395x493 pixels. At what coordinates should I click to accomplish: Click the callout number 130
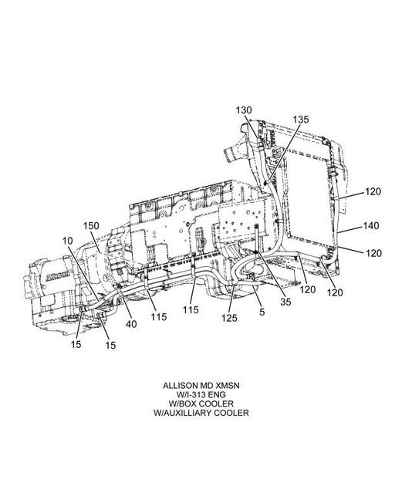click(244, 110)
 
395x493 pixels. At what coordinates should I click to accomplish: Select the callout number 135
click(301, 120)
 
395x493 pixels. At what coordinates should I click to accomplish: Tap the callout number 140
click(371, 226)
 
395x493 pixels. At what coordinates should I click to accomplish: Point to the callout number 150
click(91, 226)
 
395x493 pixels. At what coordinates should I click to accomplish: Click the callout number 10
click(68, 241)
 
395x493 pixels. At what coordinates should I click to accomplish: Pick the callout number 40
click(131, 324)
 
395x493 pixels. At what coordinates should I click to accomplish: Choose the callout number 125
click(229, 318)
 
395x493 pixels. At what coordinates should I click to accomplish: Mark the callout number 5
click(262, 312)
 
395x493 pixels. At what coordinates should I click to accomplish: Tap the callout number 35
click(285, 302)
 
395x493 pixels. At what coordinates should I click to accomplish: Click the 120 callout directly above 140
click(373, 191)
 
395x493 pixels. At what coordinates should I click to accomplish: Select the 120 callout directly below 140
click(373, 253)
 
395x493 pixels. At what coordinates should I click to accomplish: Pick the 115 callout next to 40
click(158, 317)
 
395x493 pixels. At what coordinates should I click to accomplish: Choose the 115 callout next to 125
click(191, 310)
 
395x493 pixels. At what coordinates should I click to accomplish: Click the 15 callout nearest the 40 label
click(110, 345)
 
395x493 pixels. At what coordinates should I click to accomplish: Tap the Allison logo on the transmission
click(58, 275)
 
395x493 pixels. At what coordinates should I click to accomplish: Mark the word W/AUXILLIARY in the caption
click(183, 413)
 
